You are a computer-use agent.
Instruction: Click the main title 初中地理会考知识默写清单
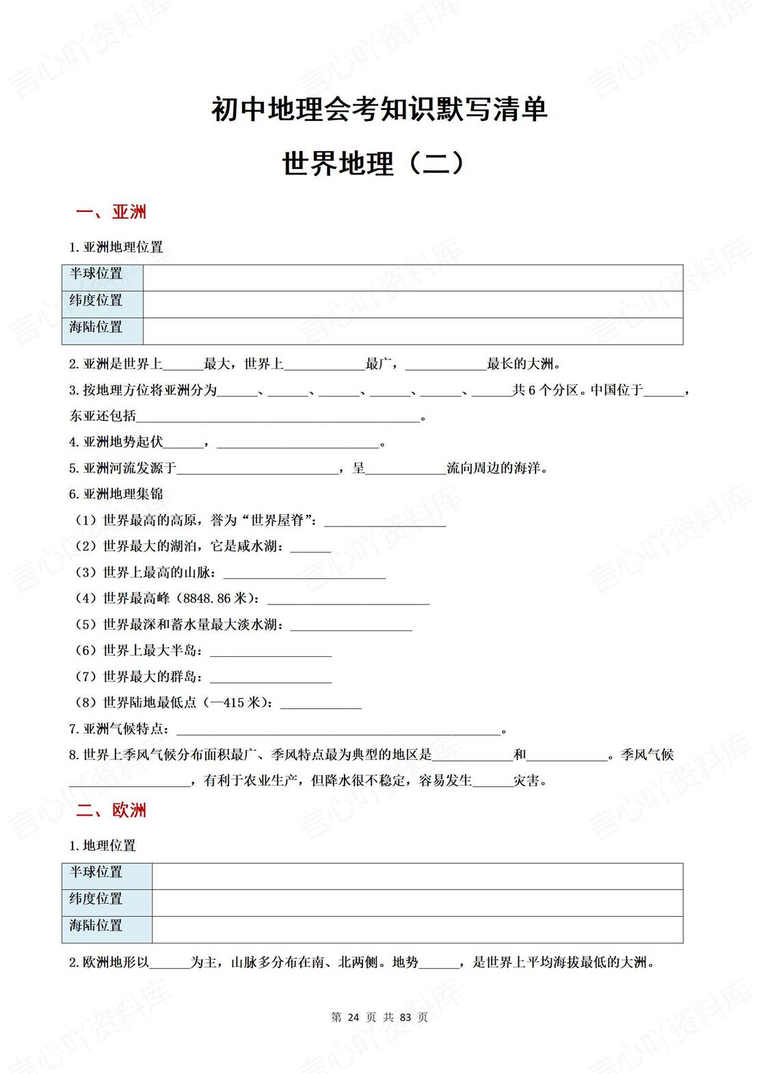pos(379,109)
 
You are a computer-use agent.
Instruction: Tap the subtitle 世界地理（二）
pos(374,164)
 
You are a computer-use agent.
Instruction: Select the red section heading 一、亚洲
pos(111,212)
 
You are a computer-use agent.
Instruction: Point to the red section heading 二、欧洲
pos(111,811)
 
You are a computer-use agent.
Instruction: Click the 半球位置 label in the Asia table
pos(96,273)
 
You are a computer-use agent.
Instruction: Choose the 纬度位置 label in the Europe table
pos(96,899)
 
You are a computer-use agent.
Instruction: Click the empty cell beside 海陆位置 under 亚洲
pos(412,331)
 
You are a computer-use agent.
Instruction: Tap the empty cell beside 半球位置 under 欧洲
pos(417,876)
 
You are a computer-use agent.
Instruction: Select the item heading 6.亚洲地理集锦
pos(116,494)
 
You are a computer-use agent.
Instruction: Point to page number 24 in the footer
pos(354,1017)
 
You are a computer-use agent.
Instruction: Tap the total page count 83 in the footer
pos(405,1017)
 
